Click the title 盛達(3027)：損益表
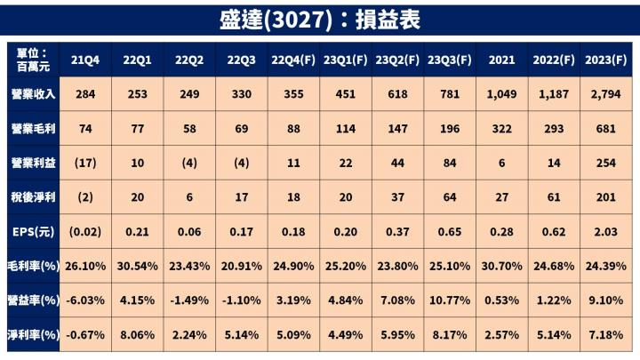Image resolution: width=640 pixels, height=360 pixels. point(320,19)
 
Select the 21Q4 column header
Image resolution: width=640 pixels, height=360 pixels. point(85,60)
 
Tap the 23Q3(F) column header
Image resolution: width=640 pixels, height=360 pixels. point(450,60)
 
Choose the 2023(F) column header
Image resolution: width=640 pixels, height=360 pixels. point(607,60)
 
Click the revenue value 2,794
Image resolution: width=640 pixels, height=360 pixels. point(607,95)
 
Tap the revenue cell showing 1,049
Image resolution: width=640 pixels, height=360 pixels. point(502,95)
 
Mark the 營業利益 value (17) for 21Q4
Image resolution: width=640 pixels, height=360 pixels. point(85,164)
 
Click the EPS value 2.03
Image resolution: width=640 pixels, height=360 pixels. point(607,232)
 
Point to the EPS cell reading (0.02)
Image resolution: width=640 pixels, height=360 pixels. point(85,232)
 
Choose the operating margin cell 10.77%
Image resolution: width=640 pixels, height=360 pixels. point(450,300)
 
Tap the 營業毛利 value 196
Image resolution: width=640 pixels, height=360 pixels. point(450,130)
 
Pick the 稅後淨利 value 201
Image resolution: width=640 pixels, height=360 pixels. point(607,198)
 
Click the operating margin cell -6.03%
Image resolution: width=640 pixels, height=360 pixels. point(85,300)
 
